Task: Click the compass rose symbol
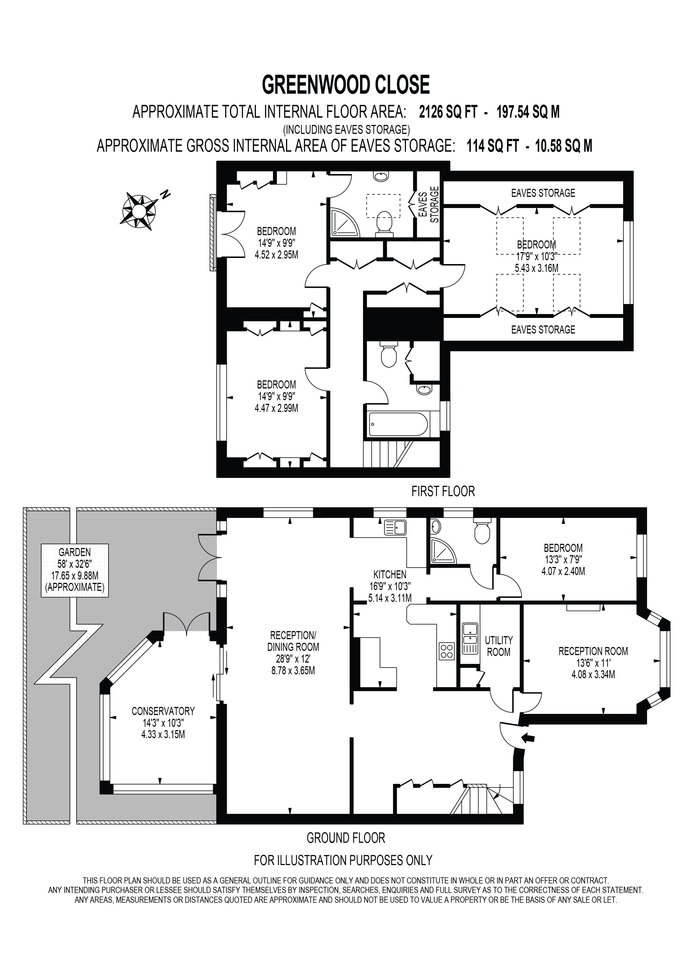tap(138, 211)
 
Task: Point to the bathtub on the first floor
tap(398, 424)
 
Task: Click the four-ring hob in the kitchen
tap(446, 651)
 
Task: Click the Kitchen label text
tap(390, 574)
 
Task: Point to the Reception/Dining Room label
tap(293, 641)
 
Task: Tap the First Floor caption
tap(443, 491)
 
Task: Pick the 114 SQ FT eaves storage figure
tap(492, 146)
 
